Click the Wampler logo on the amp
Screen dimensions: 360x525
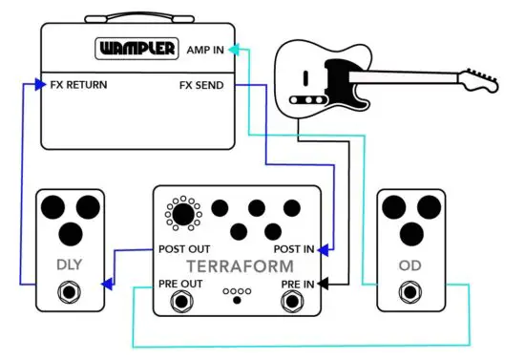[136, 48]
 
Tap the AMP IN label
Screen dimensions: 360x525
[206, 48]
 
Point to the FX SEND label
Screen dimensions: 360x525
[201, 85]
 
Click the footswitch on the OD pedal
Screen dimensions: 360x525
[411, 293]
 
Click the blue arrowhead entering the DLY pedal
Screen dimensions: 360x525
[109, 284]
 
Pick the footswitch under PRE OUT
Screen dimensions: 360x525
[179, 303]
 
